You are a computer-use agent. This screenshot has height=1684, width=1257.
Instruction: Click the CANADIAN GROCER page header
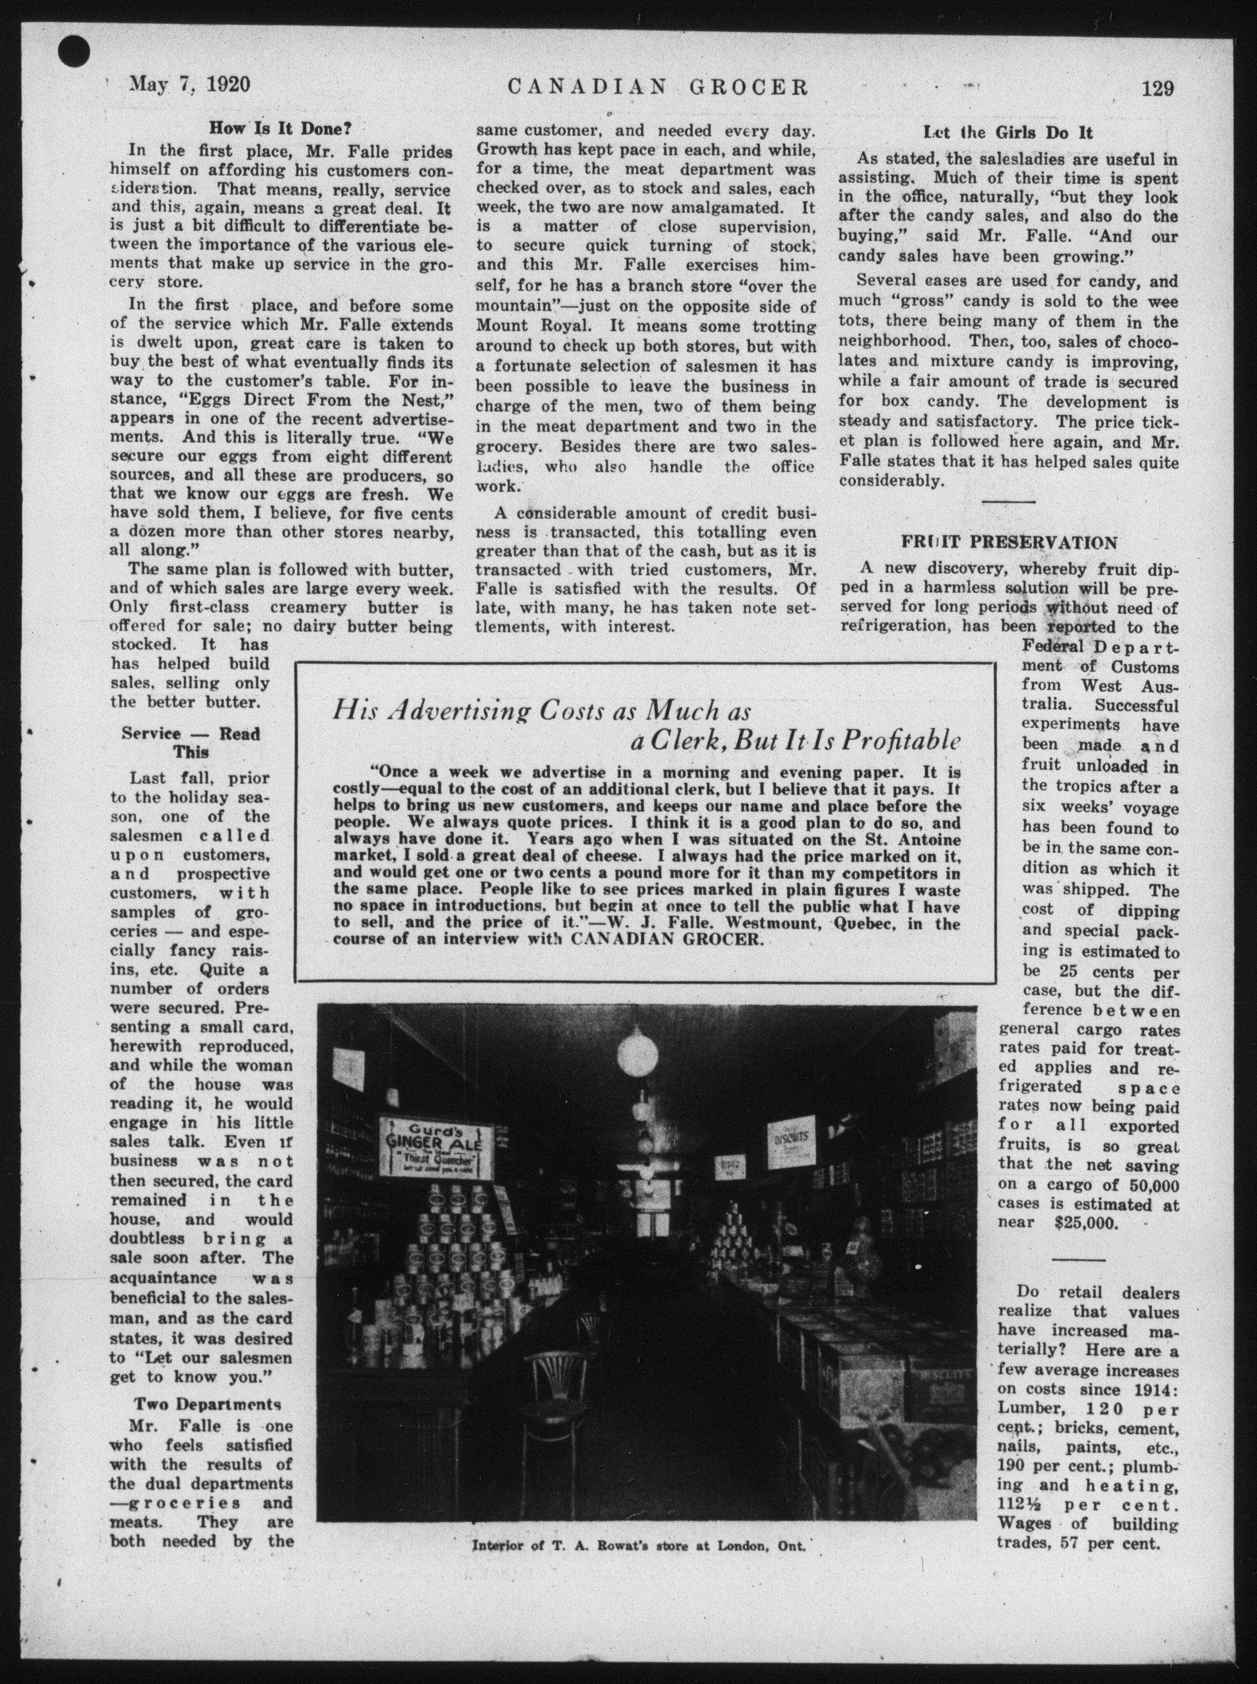(x=658, y=86)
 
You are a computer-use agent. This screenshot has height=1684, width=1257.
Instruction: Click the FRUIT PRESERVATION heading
(x=1009, y=543)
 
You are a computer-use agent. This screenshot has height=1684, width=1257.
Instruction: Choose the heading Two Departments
(x=208, y=1403)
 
